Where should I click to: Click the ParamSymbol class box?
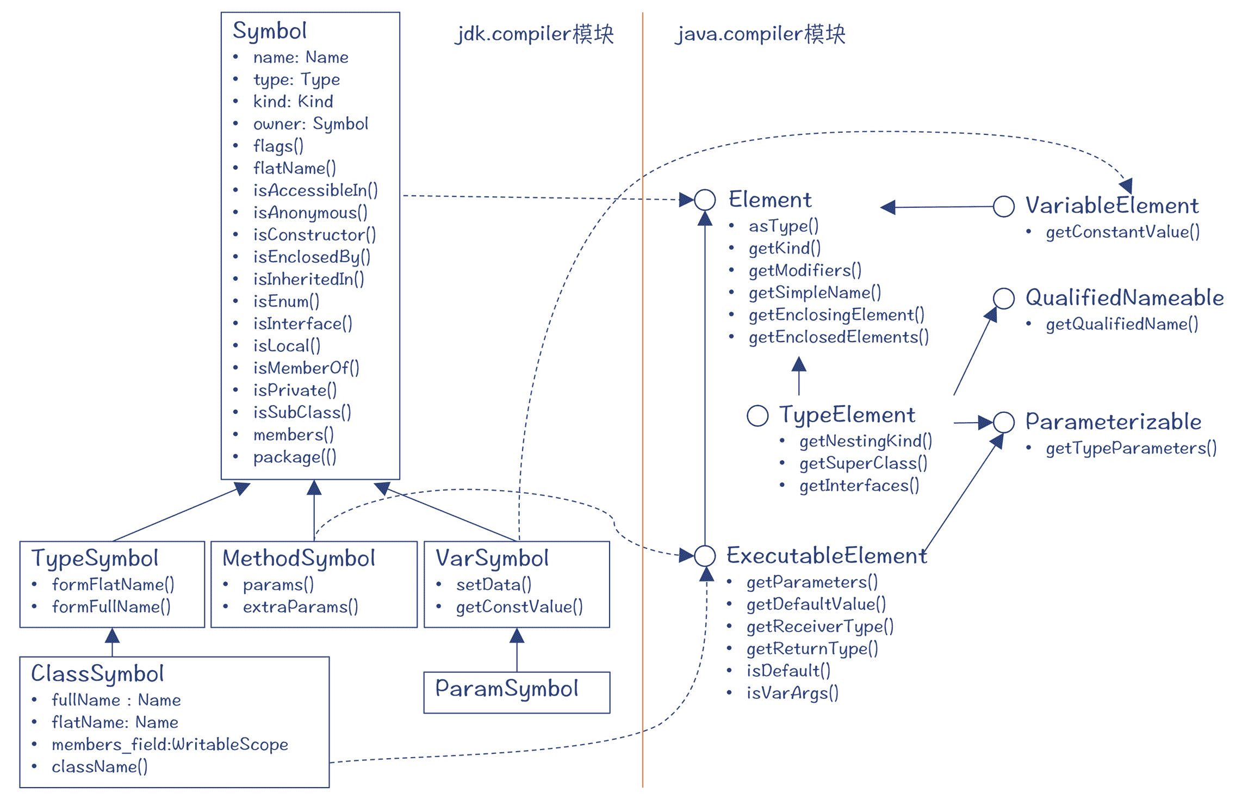pos(516,691)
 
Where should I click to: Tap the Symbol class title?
pos(270,31)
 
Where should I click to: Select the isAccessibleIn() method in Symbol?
pos(315,190)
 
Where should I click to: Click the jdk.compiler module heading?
pos(534,34)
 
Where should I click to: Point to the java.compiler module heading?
pos(760,34)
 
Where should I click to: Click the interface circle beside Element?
pos(705,200)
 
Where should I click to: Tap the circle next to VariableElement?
pos(1003,206)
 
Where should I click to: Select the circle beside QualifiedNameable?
pos(1003,298)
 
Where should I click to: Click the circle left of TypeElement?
pos(757,416)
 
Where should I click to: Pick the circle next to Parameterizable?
pos(1003,422)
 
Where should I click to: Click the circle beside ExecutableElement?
pos(705,555)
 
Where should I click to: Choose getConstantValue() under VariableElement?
pos(1122,232)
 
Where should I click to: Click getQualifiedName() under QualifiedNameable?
pos(1122,324)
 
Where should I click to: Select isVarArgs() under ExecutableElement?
pos(792,693)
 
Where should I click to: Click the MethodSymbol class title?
pos(299,559)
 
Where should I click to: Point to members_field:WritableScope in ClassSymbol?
pos(170,745)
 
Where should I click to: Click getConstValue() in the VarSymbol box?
pos(519,607)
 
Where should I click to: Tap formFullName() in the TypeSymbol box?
pos(111,607)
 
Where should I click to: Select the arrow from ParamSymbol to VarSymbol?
pos(517,650)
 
